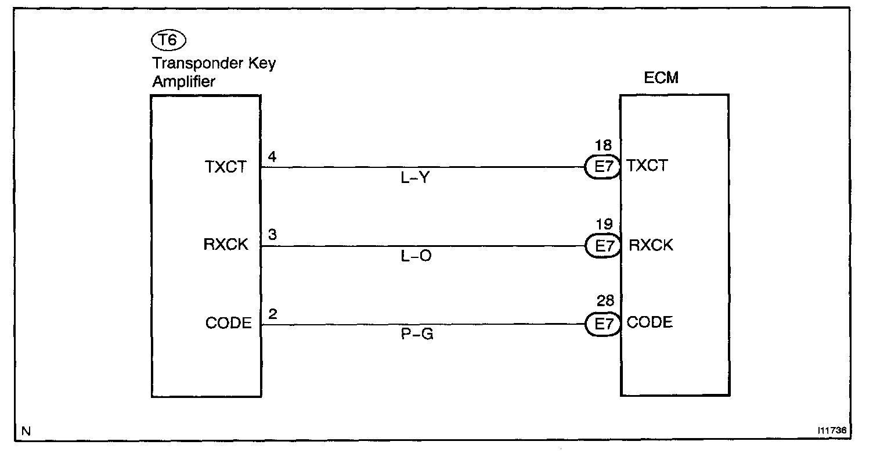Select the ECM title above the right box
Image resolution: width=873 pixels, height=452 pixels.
[x=662, y=78]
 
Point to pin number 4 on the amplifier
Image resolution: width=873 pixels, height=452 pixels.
[x=272, y=157]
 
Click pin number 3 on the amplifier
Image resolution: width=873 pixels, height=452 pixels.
[x=272, y=235]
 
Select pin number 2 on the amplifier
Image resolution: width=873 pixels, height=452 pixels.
[x=272, y=314]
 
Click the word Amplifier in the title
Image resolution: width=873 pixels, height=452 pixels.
[x=183, y=82]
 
